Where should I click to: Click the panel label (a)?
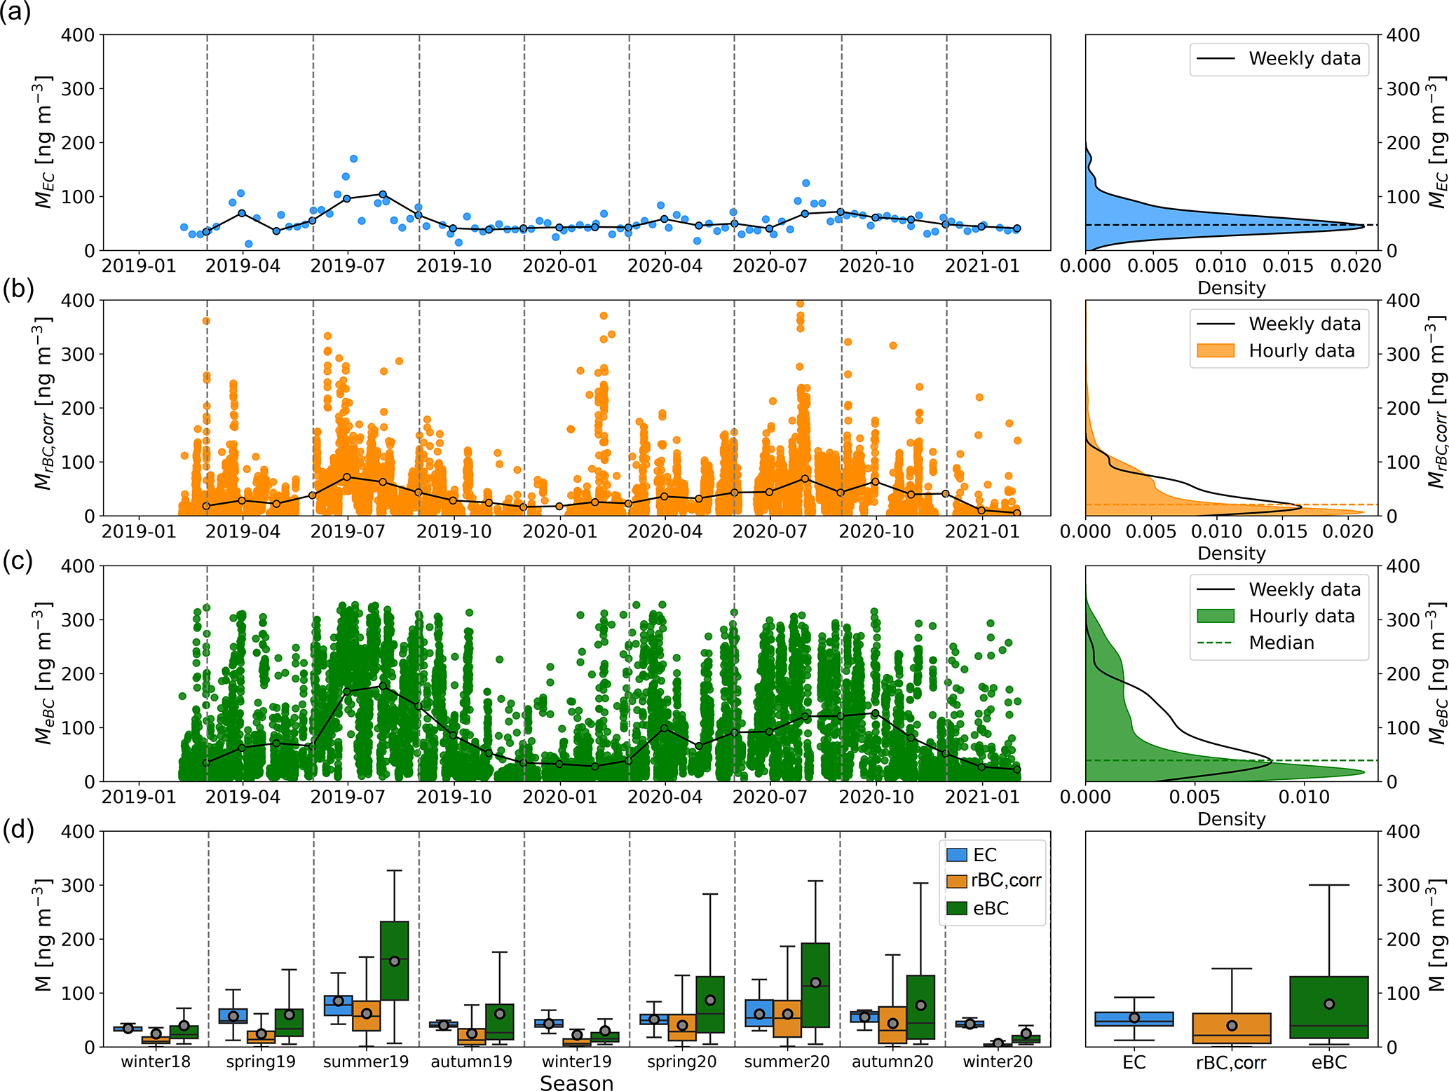[15, 13]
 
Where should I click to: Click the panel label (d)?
[17, 830]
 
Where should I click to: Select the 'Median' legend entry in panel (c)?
[1281, 643]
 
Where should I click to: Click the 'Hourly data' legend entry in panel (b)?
[1301, 351]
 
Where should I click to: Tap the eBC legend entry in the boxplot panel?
[990, 908]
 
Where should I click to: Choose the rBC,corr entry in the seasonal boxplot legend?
[1005, 881]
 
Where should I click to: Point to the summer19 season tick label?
[365, 1062]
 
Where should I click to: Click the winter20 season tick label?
[997, 1062]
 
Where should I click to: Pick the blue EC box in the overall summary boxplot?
[1134, 1019]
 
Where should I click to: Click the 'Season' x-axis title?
[576, 1083]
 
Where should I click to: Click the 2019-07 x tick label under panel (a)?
[348, 266]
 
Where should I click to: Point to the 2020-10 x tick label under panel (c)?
[876, 797]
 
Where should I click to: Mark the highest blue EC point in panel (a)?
[353, 159]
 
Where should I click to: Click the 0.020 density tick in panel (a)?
[1354, 266]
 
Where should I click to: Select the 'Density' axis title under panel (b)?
[1231, 554]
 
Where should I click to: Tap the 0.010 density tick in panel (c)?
[1304, 797]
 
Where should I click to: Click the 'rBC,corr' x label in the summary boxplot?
[1230, 1063]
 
